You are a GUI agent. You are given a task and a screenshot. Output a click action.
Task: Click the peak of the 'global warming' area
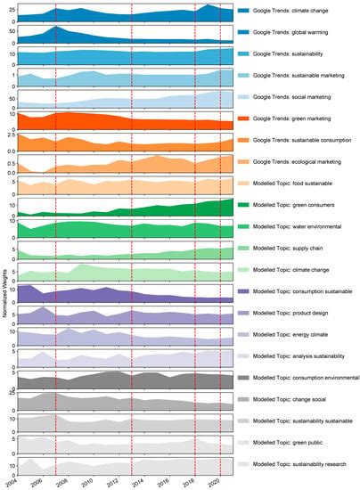pos(55,28)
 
